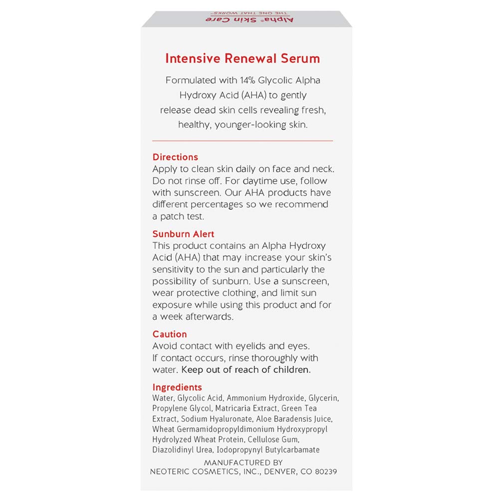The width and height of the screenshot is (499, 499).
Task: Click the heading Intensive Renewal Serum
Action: (x=243, y=58)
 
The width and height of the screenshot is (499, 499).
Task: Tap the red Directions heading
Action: (x=175, y=157)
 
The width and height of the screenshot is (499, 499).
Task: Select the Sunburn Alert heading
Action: (x=184, y=234)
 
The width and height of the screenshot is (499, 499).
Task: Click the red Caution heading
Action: (x=170, y=334)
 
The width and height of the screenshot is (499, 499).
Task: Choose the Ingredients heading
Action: (x=177, y=387)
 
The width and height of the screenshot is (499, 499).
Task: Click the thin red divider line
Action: (x=243, y=141)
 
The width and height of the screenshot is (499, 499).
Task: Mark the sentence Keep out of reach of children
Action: (x=246, y=370)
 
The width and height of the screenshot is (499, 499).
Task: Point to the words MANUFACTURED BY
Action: (x=244, y=463)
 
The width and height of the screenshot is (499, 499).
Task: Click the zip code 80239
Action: (x=323, y=472)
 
